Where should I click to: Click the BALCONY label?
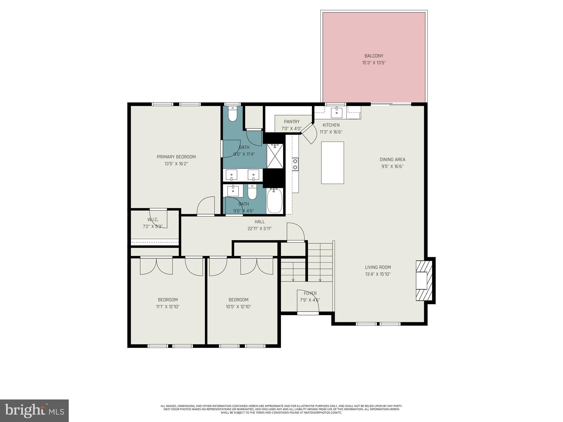coord(374,56)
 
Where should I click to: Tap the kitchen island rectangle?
coord(332,163)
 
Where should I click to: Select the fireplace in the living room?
coord(424,281)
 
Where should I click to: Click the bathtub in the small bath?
coord(275,201)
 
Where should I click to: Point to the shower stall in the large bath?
coord(275,156)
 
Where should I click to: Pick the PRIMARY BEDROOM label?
coord(176,157)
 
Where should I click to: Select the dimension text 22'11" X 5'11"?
coord(260,229)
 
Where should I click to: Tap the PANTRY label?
coord(292,122)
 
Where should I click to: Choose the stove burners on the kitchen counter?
coord(295,164)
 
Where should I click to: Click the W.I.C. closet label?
coord(153,220)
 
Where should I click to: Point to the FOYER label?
coord(310,293)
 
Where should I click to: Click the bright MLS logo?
coord(34,410)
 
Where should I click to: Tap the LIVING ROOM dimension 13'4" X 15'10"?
coord(378,274)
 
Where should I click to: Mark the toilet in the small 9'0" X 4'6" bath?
coord(252,192)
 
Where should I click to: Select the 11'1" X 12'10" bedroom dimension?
coord(168,307)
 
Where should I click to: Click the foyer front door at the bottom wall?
coord(308,313)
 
